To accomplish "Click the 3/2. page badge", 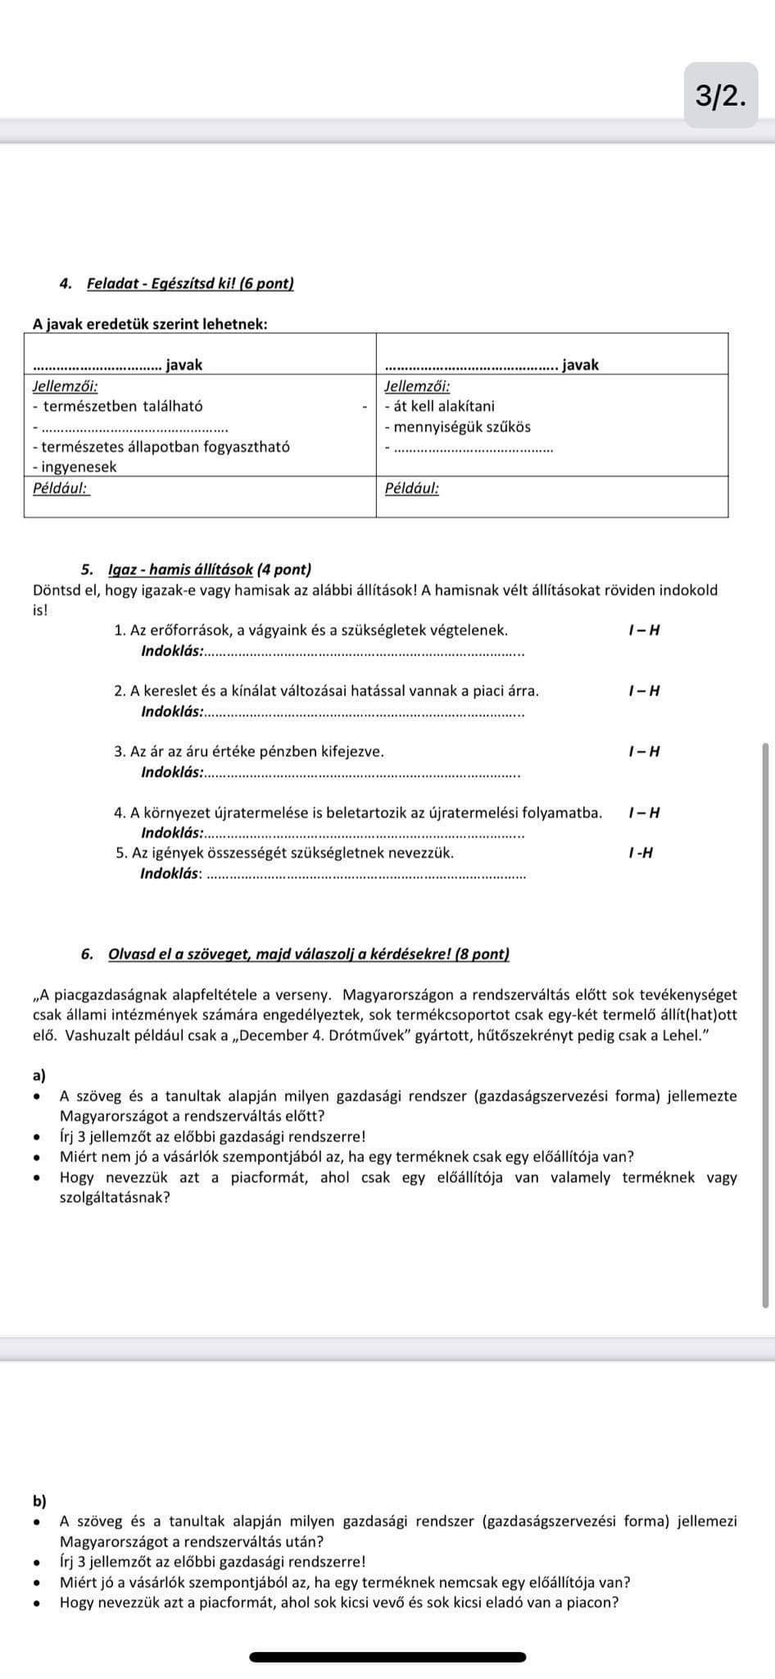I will (721, 96).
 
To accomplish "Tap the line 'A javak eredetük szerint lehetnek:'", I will (150, 324).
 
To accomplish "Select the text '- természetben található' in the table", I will (118, 406).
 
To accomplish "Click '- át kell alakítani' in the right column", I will (440, 406).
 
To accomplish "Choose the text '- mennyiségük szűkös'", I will (458, 427).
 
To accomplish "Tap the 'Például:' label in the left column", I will (61, 489).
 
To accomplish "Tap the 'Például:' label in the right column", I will (412, 489).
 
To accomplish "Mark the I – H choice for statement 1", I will (644, 630).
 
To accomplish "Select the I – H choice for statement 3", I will (644, 752).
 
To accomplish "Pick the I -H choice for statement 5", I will (641, 853).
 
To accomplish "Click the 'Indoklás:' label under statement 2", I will (172, 712).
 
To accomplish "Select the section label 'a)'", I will (39, 1075).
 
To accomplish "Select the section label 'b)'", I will (39, 1501).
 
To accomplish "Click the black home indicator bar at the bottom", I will (387, 1657).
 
